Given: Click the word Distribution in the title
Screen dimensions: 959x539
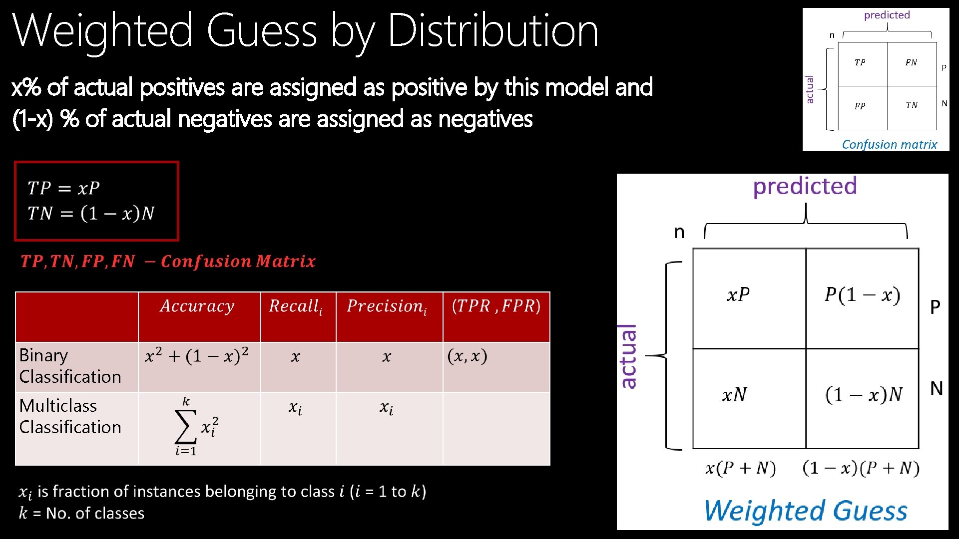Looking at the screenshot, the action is click(492, 31).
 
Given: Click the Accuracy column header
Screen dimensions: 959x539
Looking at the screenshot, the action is click(197, 306).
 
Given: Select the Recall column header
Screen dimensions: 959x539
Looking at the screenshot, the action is click(296, 306).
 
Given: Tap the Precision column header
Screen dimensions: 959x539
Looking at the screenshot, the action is click(387, 306).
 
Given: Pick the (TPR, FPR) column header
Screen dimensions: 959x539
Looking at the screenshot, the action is click(496, 306).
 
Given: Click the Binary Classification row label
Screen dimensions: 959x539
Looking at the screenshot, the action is click(70, 366).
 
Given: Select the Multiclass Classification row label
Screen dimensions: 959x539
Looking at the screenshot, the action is click(70, 416).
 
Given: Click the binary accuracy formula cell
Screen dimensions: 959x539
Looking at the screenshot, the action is click(197, 356).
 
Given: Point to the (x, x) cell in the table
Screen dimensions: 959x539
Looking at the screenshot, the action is click(467, 356).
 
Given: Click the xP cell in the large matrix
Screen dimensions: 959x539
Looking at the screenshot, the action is click(738, 295).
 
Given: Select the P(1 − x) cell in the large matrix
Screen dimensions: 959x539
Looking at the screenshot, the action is click(862, 295).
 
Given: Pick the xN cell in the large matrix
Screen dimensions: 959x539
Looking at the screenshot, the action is click(734, 395).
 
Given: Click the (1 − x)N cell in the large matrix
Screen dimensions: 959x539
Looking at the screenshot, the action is click(864, 395).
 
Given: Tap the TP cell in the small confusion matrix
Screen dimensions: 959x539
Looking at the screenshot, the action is click(860, 63).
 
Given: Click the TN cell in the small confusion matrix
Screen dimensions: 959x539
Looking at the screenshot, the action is click(912, 105).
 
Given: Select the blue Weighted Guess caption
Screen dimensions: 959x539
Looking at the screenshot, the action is click(806, 511).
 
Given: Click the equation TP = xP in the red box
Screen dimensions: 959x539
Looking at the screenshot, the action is click(64, 188).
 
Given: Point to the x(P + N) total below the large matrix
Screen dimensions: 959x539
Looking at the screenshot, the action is click(740, 468).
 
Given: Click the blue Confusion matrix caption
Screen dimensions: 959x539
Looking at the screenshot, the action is click(889, 144).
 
